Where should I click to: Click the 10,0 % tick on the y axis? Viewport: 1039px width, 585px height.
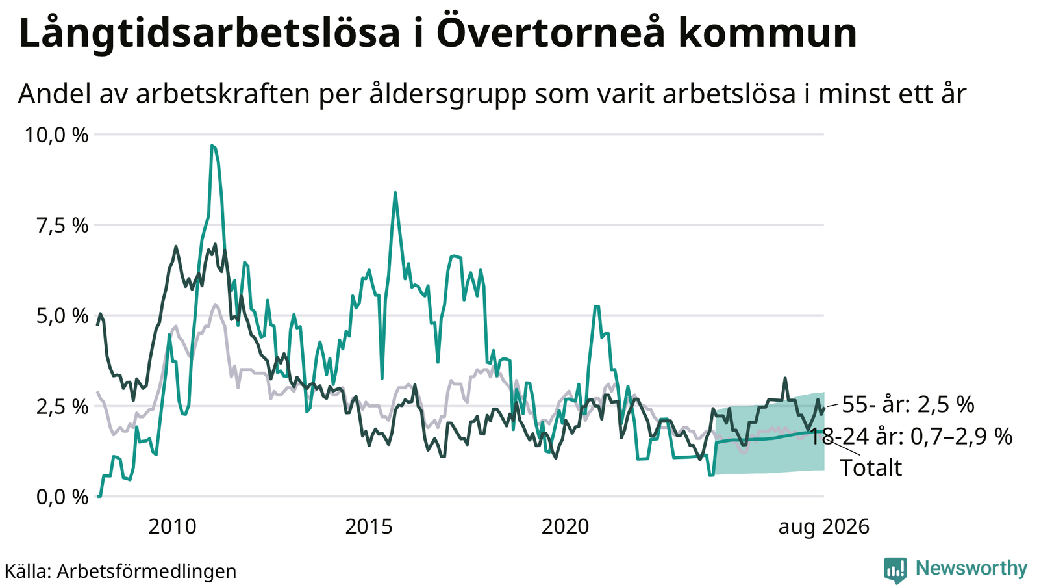(56, 135)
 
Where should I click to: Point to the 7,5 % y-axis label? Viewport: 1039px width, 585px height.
(62, 226)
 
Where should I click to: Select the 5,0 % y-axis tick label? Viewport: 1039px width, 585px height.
(62, 316)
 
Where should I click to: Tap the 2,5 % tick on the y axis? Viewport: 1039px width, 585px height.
(62, 407)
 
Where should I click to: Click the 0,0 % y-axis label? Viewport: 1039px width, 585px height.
(62, 497)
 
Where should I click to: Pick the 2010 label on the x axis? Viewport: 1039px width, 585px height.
(173, 527)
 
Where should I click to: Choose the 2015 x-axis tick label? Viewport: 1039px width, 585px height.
(369, 527)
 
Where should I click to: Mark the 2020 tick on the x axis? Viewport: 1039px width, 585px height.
(566, 527)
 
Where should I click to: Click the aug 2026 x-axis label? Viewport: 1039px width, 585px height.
(824, 528)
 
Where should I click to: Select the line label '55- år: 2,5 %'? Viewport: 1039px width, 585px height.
(908, 405)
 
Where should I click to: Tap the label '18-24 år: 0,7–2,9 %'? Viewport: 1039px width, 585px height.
(911, 437)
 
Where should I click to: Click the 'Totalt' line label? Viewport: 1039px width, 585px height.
(871, 468)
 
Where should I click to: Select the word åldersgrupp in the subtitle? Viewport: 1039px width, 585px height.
(449, 94)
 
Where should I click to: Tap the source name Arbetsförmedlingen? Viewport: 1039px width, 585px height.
(147, 571)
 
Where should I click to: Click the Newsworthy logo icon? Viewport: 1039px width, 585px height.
(895, 569)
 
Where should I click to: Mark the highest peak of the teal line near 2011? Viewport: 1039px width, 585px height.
(212, 146)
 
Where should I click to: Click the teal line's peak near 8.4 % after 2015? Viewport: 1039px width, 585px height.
(395, 192)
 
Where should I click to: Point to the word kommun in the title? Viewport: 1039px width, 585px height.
(768, 33)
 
